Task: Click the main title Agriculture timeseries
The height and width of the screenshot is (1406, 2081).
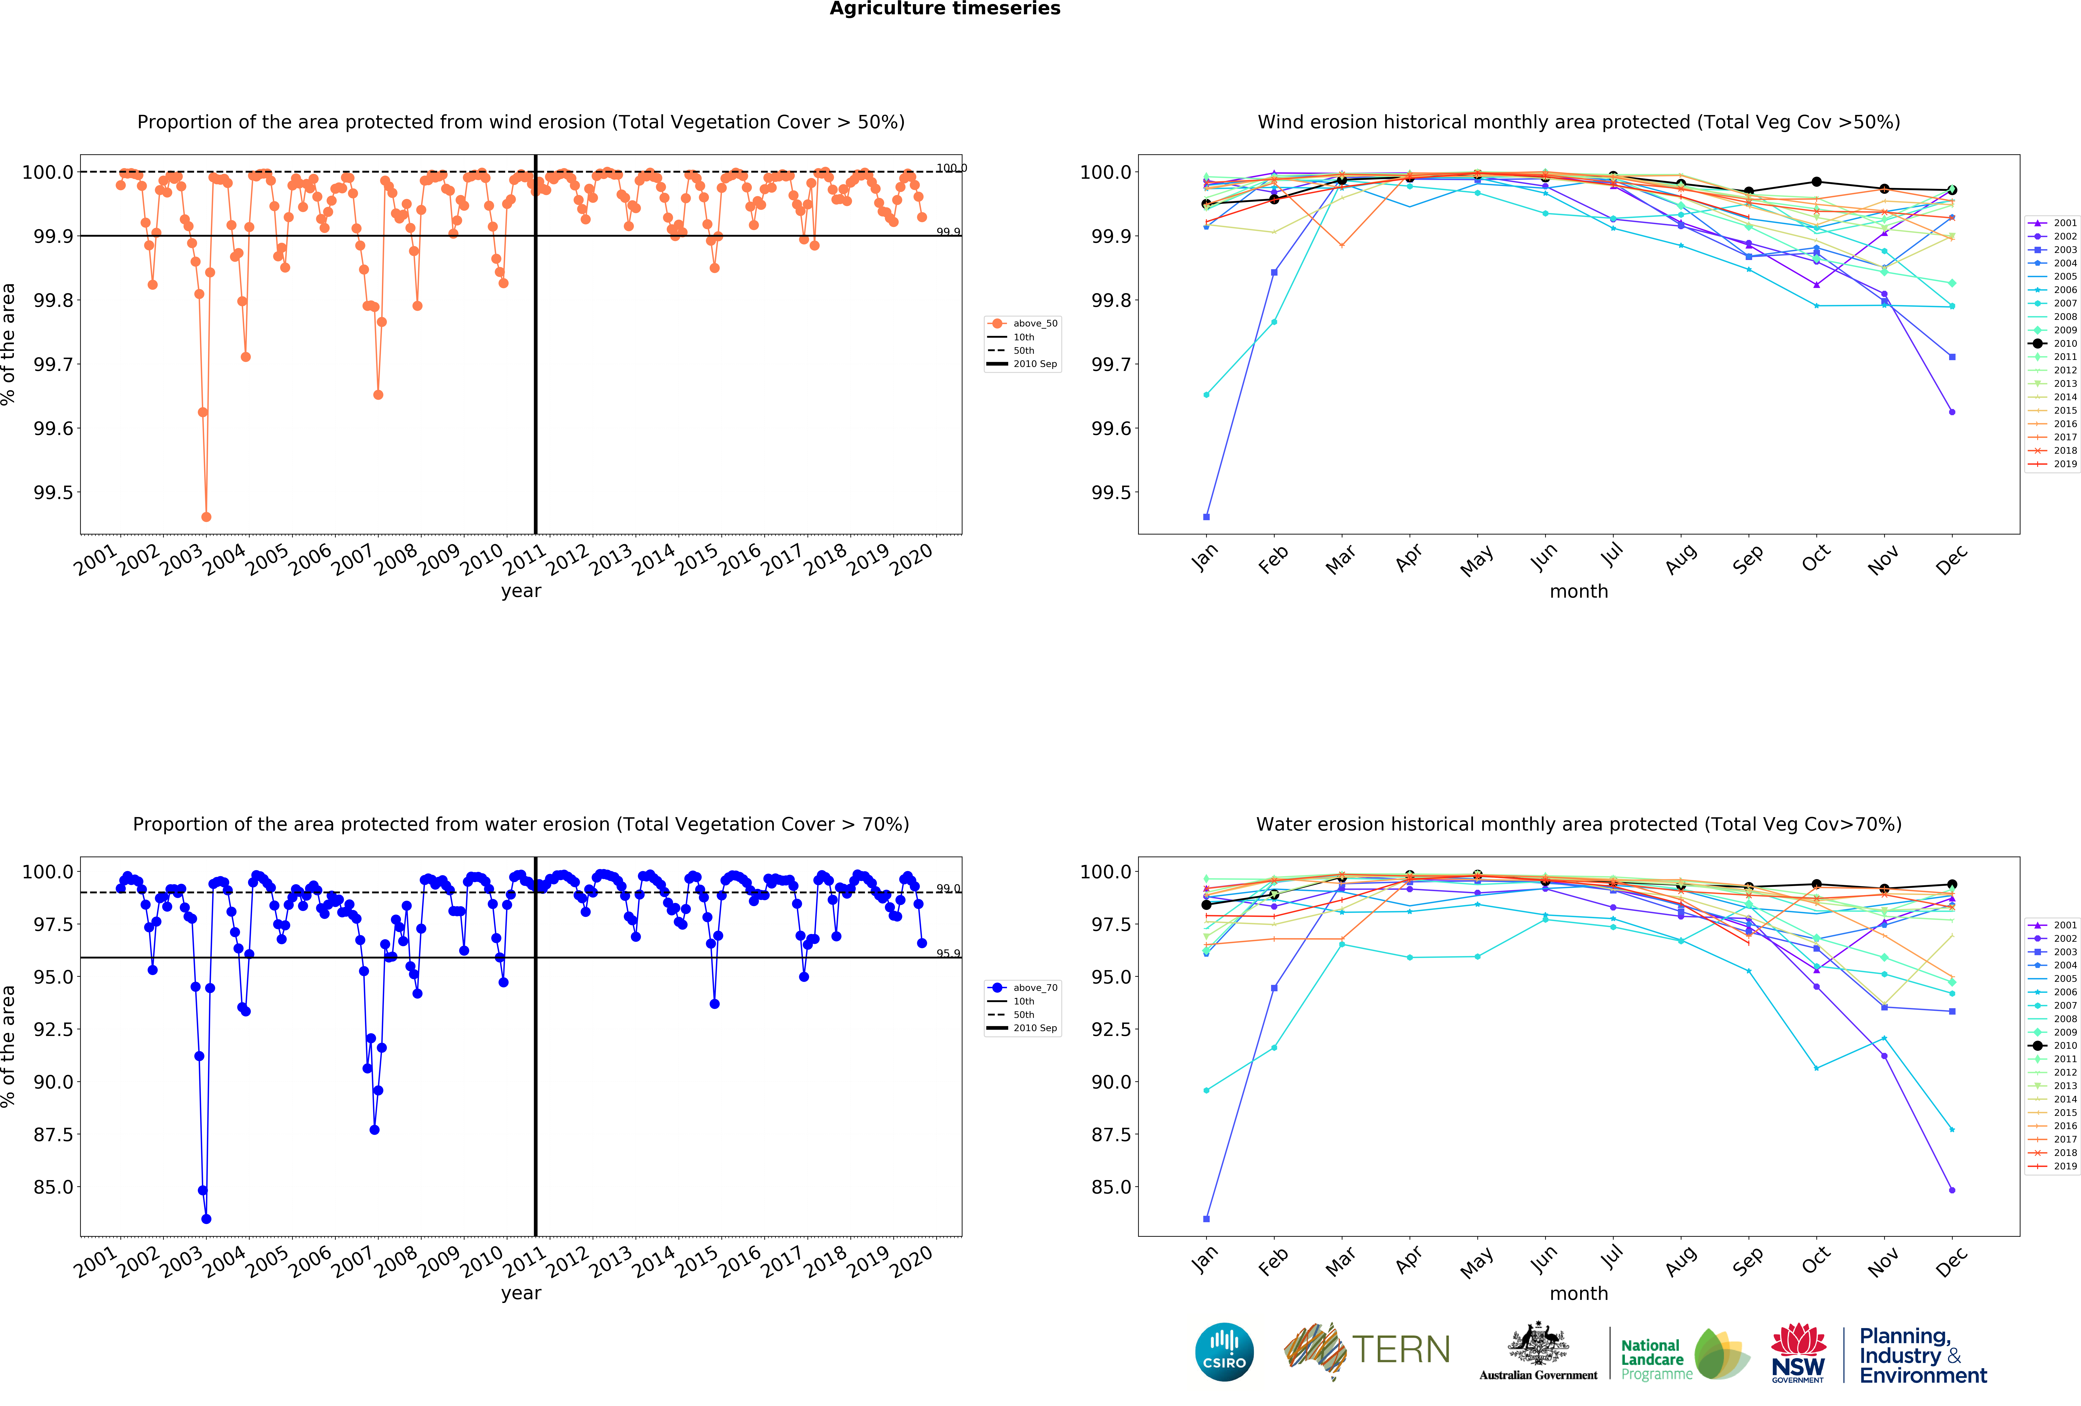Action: point(945,9)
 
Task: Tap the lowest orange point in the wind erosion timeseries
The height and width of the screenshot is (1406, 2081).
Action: point(206,517)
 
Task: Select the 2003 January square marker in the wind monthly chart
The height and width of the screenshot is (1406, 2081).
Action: point(1206,517)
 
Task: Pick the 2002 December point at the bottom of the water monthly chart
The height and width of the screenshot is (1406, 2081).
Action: point(1951,1190)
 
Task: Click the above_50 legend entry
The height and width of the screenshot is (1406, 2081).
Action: point(1023,323)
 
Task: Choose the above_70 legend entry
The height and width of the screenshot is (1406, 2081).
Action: point(1023,988)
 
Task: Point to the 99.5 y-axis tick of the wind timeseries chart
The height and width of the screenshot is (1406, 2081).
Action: point(54,492)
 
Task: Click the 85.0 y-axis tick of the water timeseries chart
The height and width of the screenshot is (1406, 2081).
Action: point(54,1187)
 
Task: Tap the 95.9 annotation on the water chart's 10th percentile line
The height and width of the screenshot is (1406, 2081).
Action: point(948,953)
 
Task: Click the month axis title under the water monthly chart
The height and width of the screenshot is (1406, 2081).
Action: point(1579,1293)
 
